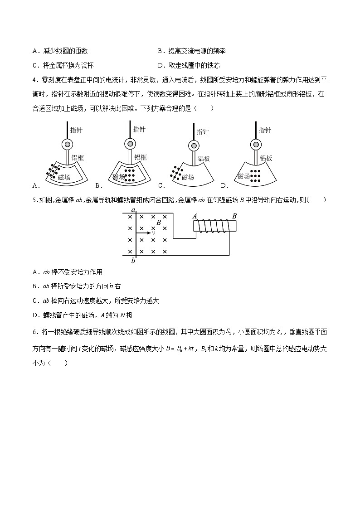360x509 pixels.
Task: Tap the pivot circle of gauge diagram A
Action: click(67, 145)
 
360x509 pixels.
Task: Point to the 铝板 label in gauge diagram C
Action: click(204, 159)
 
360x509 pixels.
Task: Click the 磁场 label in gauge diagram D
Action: click(243, 176)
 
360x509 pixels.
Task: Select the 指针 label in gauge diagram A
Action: click(76, 130)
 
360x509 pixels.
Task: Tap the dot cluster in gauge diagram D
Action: click(257, 175)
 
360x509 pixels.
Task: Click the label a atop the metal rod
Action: click(133, 210)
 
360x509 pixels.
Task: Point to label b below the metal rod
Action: click(133, 261)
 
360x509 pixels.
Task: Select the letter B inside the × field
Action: click(158, 223)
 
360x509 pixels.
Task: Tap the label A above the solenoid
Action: click(195, 216)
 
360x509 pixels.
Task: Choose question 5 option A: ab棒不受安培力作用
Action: click(68, 272)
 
